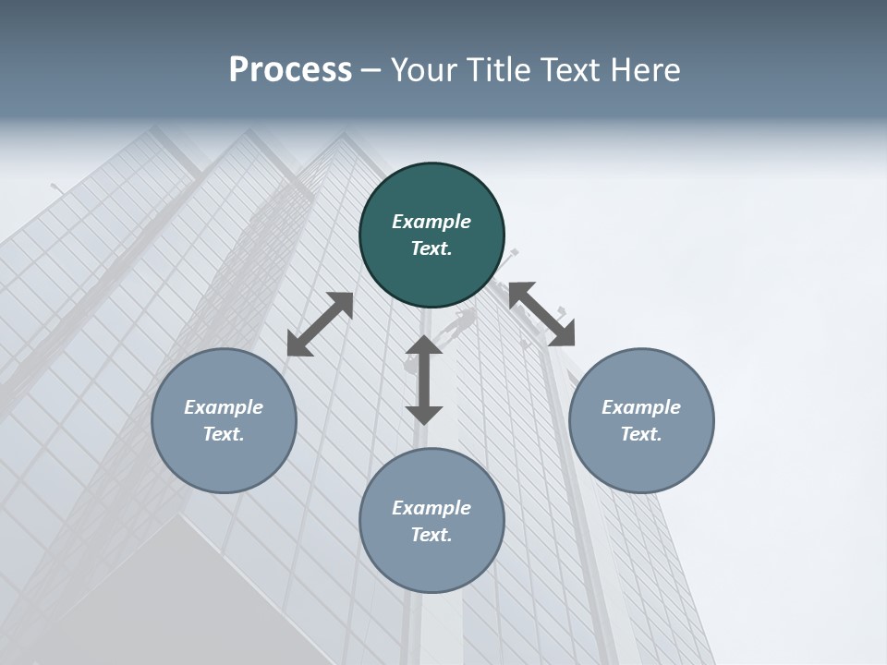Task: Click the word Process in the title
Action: coord(290,69)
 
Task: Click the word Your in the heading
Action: coord(425,69)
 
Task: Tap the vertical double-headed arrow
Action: coord(424,380)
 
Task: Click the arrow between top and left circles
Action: coord(320,324)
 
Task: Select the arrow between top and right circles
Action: coord(541,314)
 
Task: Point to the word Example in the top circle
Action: coord(431,222)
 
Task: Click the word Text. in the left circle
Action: coord(224,434)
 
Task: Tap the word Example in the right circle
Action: coord(641,407)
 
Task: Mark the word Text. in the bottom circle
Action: coord(431,535)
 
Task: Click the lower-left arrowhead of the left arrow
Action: coord(298,345)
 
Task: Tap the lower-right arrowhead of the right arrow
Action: coord(563,335)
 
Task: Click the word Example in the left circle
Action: coord(224,407)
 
